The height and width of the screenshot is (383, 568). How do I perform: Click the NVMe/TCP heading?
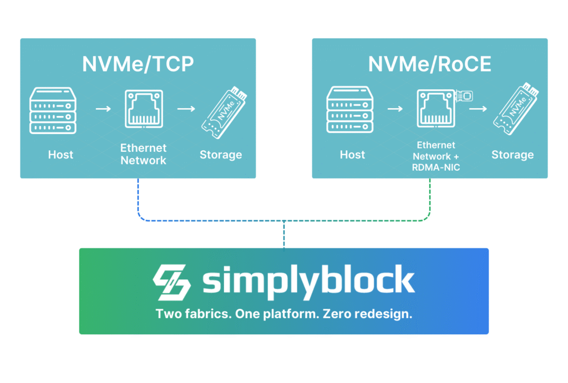click(138, 64)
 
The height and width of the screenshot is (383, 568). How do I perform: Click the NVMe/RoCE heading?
click(430, 64)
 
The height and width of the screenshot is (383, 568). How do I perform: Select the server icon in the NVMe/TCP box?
click(52, 110)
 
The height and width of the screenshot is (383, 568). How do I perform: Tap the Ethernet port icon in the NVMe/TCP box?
click(144, 109)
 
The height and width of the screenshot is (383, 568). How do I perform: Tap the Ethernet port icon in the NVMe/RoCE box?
click(435, 109)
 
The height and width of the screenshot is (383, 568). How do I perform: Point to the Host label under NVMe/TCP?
click(60, 155)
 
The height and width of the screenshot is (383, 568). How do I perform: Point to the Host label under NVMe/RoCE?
click(352, 155)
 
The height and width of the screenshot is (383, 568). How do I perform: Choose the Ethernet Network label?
click(143, 155)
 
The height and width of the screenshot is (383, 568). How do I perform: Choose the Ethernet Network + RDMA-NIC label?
click(436, 156)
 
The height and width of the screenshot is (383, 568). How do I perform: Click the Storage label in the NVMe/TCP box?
click(221, 155)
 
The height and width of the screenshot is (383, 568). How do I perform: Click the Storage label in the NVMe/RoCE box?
click(513, 155)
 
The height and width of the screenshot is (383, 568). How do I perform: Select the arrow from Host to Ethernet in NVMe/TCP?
click(103, 109)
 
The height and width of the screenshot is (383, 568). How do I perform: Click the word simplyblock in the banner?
click(308, 282)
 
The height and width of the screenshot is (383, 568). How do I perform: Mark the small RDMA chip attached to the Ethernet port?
click(464, 96)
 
